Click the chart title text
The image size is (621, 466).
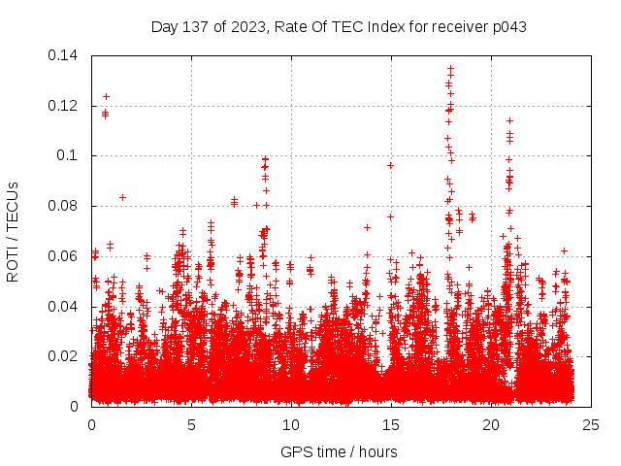(339, 27)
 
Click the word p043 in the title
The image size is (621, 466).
(508, 27)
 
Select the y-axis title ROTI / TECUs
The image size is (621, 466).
(13, 231)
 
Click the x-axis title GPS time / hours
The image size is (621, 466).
(339, 451)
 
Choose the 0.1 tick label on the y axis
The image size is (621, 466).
(70, 155)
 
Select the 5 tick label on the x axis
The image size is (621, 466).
(191, 424)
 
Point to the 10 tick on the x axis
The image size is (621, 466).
(291, 424)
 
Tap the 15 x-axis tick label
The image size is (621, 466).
(391, 424)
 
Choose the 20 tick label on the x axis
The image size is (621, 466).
(491, 424)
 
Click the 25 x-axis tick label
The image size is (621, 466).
(591, 424)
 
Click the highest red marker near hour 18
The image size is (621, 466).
(450, 68)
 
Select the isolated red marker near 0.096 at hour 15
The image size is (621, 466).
(390, 165)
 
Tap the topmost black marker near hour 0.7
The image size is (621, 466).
(106, 96)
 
